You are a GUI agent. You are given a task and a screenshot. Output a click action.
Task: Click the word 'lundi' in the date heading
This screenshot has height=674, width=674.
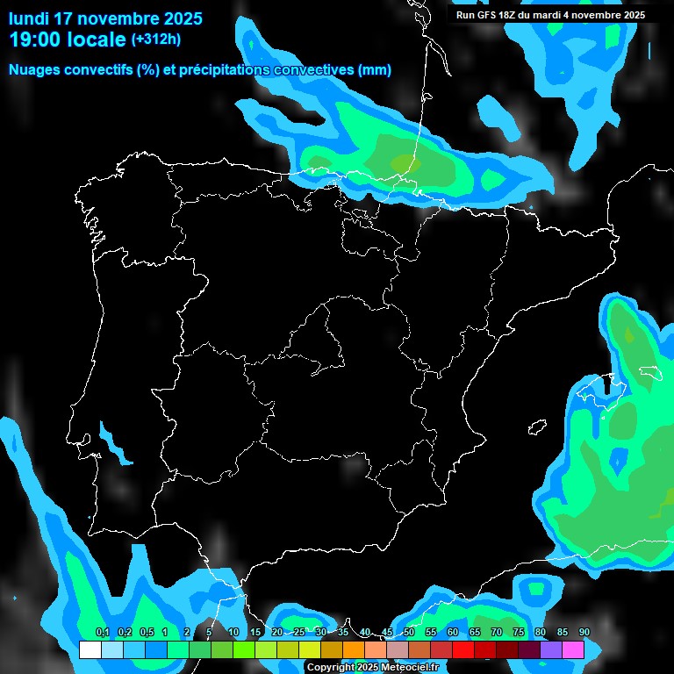pos(29,18)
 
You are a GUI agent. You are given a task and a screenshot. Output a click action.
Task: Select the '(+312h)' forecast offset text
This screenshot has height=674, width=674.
pos(156,39)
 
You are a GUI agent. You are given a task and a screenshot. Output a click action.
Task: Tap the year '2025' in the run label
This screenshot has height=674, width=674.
pos(629,15)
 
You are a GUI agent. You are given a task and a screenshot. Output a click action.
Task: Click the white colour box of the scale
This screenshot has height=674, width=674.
pos(90,649)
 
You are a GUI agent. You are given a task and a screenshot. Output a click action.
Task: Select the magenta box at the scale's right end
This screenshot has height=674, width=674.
pos(573,649)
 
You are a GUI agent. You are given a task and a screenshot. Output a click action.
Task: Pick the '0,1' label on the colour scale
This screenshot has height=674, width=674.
pos(102,633)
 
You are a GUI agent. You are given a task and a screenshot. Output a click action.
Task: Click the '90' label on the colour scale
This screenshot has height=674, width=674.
pos(584,633)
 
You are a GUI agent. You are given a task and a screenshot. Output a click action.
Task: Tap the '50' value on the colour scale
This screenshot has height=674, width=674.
pos(409,633)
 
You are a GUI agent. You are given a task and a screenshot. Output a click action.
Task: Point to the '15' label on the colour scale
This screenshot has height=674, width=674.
pos(255,633)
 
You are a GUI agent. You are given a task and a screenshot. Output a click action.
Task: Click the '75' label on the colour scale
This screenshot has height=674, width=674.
pos(519,633)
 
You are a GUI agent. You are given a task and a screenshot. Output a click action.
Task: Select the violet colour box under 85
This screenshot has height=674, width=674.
pos(551,649)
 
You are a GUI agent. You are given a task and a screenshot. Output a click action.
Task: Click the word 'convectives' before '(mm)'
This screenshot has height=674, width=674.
pos(312,70)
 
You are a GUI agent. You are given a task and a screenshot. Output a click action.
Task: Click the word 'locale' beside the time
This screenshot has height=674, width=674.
pos(97,39)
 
